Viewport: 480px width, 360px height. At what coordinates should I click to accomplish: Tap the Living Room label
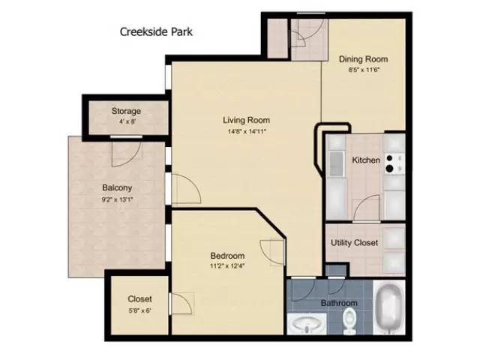(x=246, y=120)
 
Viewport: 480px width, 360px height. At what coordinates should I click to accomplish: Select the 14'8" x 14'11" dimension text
(x=246, y=131)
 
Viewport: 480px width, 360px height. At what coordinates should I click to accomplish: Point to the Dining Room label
(x=363, y=59)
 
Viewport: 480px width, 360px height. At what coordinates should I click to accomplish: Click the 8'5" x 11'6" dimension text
(x=363, y=70)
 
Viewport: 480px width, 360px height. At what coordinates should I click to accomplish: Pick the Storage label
(x=126, y=112)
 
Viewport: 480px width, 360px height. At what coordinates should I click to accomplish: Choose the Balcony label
(x=117, y=188)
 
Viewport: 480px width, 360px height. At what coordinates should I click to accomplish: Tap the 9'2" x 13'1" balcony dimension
(x=117, y=199)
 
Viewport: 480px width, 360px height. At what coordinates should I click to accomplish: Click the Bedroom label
(x=227, y=256)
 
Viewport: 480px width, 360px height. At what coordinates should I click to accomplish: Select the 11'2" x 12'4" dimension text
(x=227, y=266)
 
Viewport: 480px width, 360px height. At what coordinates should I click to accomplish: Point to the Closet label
(x=139, y=298)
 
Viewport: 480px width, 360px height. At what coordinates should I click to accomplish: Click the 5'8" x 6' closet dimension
(x=139, y=310)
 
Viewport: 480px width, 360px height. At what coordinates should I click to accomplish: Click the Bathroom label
(x=340, y=303)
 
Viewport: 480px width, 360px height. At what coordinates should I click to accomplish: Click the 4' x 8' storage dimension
(x=126, y=122)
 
